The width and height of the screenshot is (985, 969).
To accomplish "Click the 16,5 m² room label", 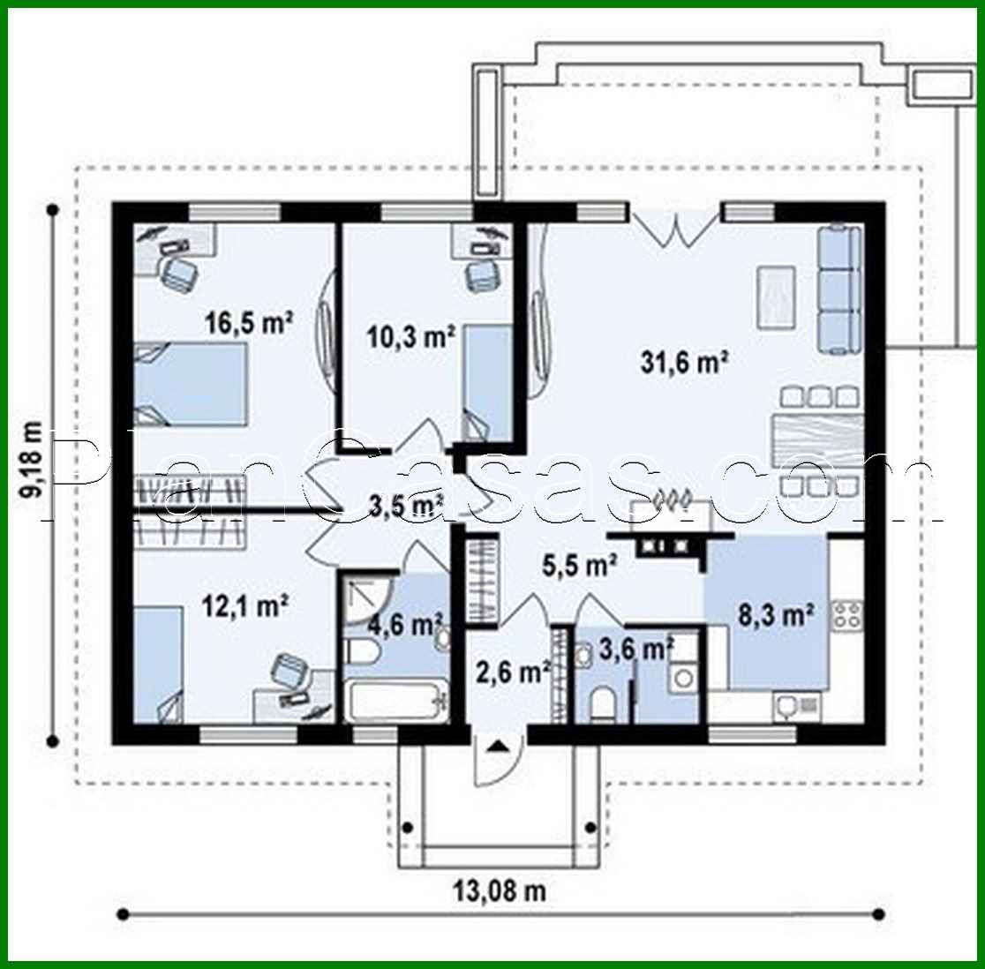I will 249,323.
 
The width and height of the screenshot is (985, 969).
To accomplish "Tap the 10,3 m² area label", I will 410,335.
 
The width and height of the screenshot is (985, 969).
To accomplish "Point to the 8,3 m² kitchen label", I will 774,614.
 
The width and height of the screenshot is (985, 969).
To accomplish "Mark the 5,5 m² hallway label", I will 578,566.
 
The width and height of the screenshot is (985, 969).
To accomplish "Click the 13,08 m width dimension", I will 500,890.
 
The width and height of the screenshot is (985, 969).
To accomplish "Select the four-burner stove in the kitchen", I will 846,613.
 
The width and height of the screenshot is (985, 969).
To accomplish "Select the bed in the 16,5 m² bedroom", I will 189,384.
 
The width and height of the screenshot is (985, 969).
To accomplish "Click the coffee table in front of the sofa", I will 775,297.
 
